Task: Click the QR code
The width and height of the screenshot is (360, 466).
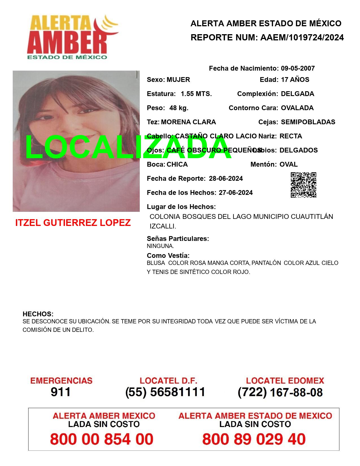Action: pyautogui.click(x=303, y=185)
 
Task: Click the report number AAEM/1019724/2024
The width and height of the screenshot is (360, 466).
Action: pyautogui.click(x=302, y=38)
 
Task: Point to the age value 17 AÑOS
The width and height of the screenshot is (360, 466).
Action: pyautogui.click(x=295, y=80)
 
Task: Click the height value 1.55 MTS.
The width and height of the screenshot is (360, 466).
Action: pyautogui.click(x=196, y=94)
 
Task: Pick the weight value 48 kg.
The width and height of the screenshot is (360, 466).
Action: pyautogui.click(x=179, y=108)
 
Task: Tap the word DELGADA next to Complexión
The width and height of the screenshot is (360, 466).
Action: pyautogui.click(x=297, y=94)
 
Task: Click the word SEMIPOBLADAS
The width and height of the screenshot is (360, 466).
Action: pyautogui.click(x=308, y=122)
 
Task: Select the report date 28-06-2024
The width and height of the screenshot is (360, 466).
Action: pyautogui.click(x=226, y=178)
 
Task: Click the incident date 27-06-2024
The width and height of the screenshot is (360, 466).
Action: pyautogui.click(x=235, y=193)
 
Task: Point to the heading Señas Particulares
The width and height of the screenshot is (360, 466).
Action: pyautogui.click(x=178, y=239)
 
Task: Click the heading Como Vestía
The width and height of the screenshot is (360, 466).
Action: pyautogui.click(x=168, y=256)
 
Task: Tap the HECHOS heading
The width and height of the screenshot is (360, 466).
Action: pyautogui.click(x=38, y=314)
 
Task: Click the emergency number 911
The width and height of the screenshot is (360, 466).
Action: pyautogui.click(x=60, y=392)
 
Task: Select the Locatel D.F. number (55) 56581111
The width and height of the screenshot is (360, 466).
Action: pyautogui.click(x=165, y=392)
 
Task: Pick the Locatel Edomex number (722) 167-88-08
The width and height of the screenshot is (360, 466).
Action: pyautogui.click(x=280, y=392)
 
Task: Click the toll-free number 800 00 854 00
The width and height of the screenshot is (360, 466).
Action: pyautogui.click(x=102, y=439)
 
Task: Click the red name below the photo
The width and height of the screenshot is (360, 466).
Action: pyautogui.click(x=73, y=223)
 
